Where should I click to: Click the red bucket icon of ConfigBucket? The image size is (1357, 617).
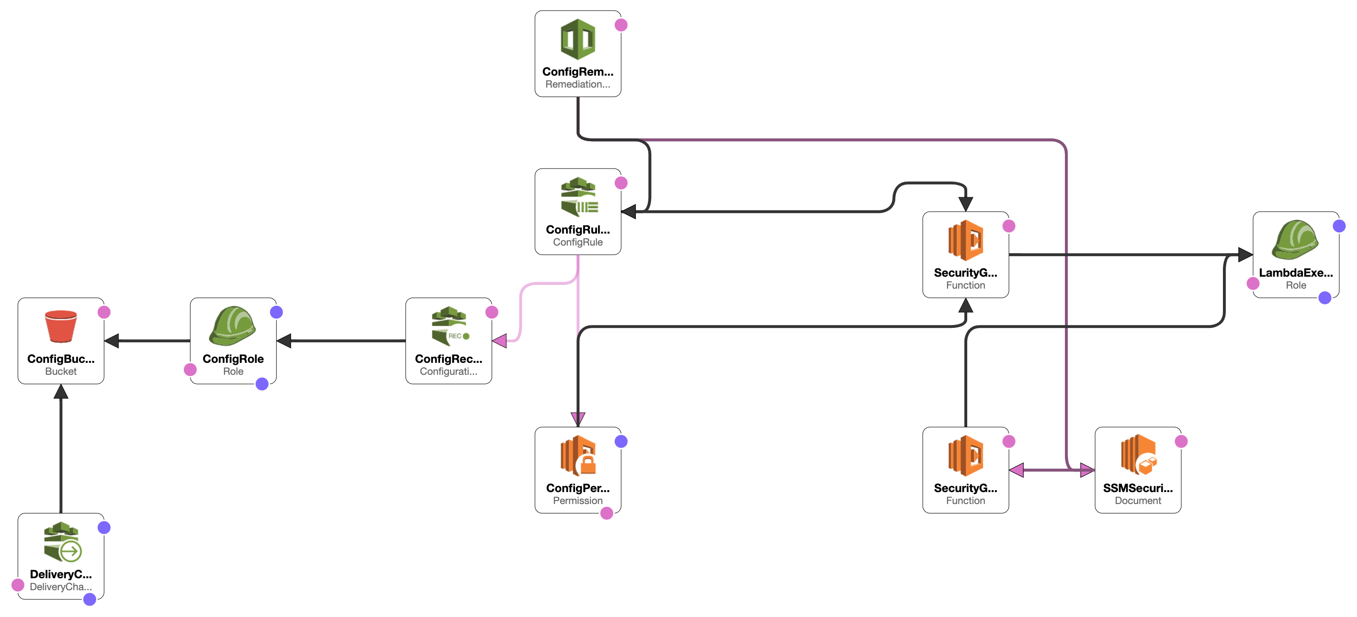pyautogui.click(x=61, y=326)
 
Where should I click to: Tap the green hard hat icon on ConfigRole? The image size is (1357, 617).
pyautogui.click(x=232, y=326)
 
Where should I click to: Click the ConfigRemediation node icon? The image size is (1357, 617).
pyautogui.click(x=578, y=39)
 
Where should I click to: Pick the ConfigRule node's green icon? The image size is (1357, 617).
pyautogui.click(x=578, y=197)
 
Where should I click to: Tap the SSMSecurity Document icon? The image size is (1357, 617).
pyautogui.click(x=1138, y=455)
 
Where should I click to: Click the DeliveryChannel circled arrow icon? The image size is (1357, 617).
pyautogui.click(x=70, y=551)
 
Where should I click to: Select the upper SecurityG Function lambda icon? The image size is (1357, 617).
pyautogui.click(x=966, y=240)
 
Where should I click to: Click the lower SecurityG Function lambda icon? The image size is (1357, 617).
pyautogui.click(x=966, y=455)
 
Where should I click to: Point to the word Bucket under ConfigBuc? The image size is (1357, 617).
pyautogui.click(x=61, y=371)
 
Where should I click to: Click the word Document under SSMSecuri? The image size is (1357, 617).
pyautogui.click(x=1137, y=501)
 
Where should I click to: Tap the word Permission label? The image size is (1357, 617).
pyautogui.click(x=577, y=501)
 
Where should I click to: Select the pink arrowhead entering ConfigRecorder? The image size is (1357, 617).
pyautogui.click(x=499, y=341)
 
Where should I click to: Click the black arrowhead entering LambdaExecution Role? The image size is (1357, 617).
pyautogui.click(x=1245, y=255)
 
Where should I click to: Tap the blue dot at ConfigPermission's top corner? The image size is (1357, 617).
pyautogui.click(x=621, y=441)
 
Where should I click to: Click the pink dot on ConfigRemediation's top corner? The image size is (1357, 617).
pyautogui.click(x=621, y=25)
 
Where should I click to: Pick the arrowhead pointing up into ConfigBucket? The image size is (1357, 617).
pyautogui.click(x=61, y=392)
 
